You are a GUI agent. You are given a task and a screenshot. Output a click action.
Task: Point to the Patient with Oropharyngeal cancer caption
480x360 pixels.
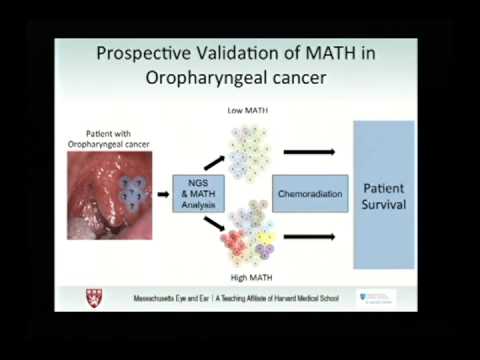click(107, 137)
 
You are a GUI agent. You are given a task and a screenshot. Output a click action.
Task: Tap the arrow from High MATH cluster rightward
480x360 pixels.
click(308, 237)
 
